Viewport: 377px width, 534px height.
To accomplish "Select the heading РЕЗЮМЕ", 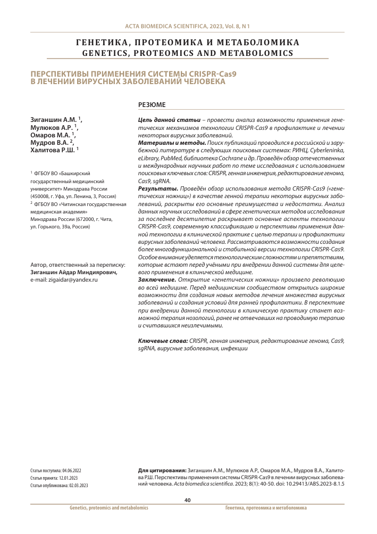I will coord(152,105).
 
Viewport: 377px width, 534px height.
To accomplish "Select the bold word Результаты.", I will coord(158,189).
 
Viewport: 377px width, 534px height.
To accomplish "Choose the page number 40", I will coord(187,500).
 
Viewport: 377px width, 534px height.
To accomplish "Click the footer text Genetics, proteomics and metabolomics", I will coord(108,508).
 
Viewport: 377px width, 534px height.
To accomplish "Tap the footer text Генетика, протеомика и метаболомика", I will coord(266,508).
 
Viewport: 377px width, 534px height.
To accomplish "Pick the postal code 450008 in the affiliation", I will coord(43,196).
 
